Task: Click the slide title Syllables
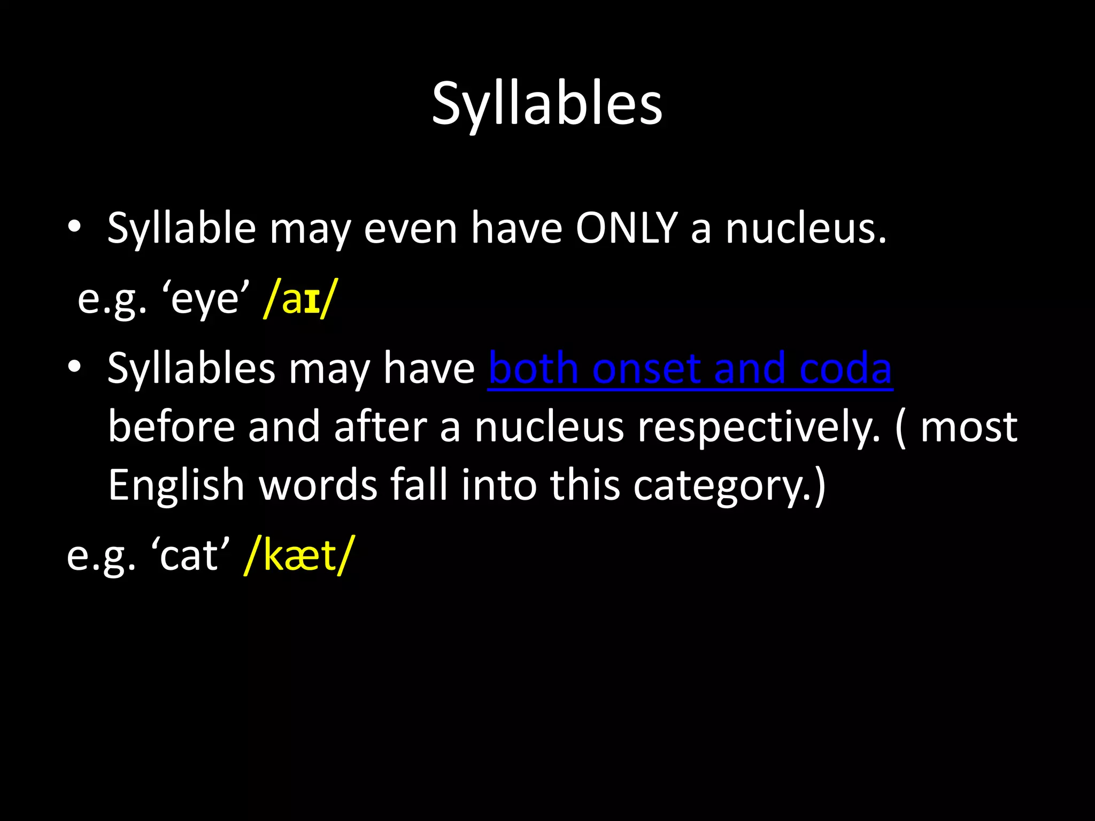(x=547, y=104)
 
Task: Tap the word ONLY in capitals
(x=626, y=229)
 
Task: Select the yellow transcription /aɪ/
(x=301, y=299)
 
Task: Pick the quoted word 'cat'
(x=190, y=556)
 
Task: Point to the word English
(x=176, y=485)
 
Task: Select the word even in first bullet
(x=410, y=229)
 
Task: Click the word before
(x=171, y=428)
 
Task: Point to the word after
(x=380, y=428)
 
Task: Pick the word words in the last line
(x=318, y=485)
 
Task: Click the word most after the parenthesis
(x=968, y=428)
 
